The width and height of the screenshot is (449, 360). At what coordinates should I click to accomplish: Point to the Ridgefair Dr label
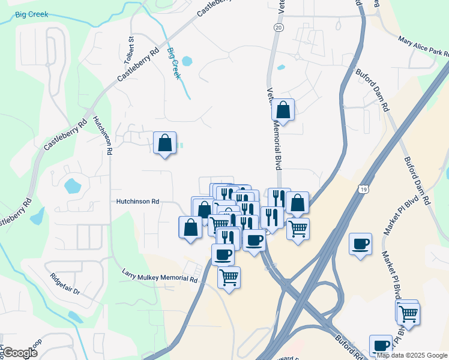click(x=65, y=284)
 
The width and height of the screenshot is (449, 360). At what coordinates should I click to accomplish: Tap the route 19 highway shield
click(x=364, y=190)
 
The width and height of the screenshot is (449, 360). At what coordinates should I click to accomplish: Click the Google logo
click(x=19, y=353)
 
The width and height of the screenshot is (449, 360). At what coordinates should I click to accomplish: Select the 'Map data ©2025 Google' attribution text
click(x=412, y=355)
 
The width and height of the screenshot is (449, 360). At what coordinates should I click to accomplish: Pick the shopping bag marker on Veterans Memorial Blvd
click(x=283, y=110)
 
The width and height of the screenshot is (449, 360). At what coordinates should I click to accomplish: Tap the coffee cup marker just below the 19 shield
click(x=361, y=244)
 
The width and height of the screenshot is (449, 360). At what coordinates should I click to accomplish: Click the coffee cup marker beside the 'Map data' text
click(x=381, y=346)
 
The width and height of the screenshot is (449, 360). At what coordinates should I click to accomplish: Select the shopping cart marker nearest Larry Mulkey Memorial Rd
click(x=229, y=277)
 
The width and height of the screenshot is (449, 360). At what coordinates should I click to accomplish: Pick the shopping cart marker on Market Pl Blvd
click(x=408, y=313)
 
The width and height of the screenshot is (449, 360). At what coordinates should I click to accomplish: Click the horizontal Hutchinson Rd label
click(x=137, y=202)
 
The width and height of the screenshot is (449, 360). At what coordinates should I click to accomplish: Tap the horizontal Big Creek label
click(x=32, y=14)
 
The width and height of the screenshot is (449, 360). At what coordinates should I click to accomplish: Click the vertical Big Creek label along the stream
click(x=173, y=63)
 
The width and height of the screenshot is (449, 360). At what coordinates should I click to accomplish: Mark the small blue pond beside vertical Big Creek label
click(x=187, y=61)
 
